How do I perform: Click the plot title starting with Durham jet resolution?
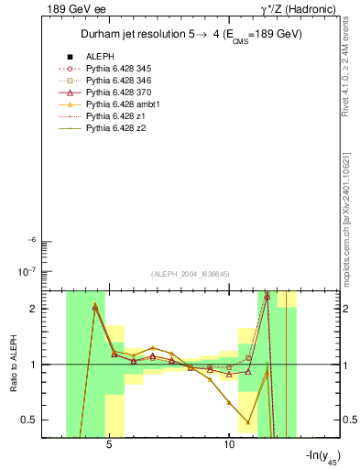pos(191,35)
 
